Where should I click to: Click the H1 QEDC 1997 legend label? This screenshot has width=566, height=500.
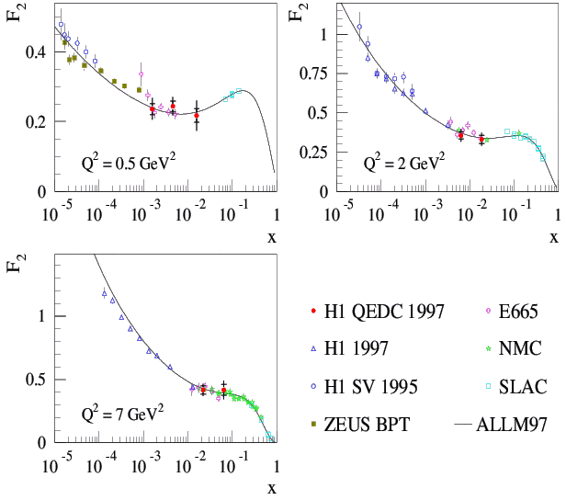(x=386, y=312)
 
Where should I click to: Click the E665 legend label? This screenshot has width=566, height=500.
(x=520, y=312)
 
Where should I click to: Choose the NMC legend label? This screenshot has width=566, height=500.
(x=520, y=349)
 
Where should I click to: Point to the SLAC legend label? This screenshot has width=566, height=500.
(x=523, y=387)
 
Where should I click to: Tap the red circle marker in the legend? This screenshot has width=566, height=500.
(x=313, y=312)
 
